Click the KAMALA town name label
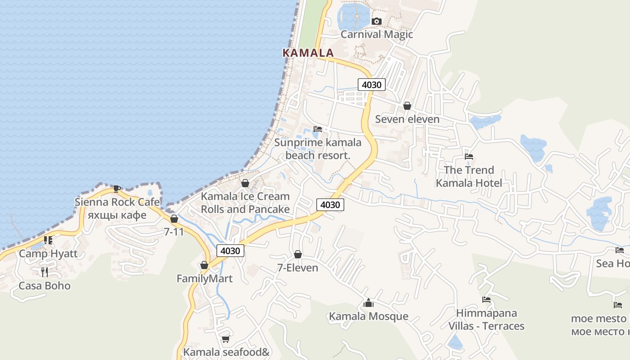(308, 53)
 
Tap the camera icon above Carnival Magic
(377, 21)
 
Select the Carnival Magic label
(377, 34)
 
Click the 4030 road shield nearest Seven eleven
(372, 84)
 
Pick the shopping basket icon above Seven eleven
(407, 106)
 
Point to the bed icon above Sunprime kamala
(318, 129)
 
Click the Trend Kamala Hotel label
(469, 176)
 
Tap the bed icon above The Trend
(469, 157)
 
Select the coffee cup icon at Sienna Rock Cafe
(117, 188)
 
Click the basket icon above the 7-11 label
(174, 219)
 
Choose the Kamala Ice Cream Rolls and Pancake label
(245, 203)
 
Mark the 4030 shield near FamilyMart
(230, 251)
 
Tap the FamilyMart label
(204, 279)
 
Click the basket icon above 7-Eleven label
(297, 254)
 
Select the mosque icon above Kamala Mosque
(369, 303)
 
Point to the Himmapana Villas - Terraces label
(486, 319)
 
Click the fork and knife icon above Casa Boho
(45, 272)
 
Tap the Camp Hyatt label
(48, 253)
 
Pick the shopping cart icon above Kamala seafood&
(225, 338)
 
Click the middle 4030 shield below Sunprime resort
(330, 205)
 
